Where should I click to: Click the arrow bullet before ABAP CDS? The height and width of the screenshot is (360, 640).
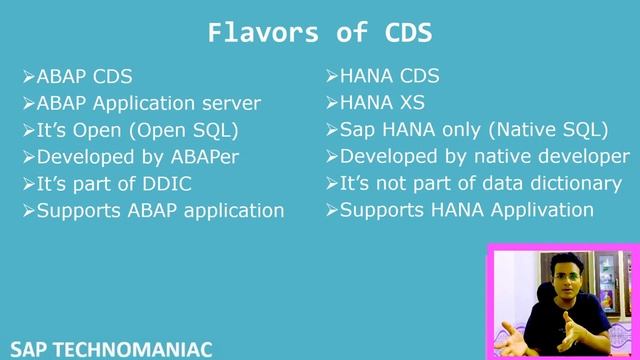coord(29,77)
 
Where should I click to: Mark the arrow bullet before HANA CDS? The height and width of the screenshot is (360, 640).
coord(332,77)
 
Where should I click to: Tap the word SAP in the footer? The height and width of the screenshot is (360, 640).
coord(22,349)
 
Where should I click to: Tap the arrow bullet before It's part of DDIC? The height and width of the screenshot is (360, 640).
coord(29,184)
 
